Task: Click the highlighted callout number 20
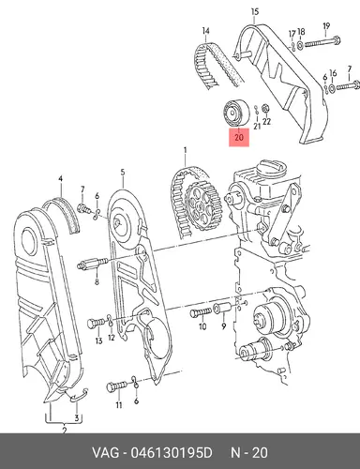(x=239, y=137)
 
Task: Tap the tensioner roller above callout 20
(x=236, y=113)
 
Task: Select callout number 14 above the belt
(x=205, y=31)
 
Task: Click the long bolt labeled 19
(x=322, y=41)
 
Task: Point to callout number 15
(x=255, y=12)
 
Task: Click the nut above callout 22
(x=265, y=108)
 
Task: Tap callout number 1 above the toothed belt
(x=185, y=150)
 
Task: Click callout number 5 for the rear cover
(x=123, y=172)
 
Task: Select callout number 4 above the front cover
(x=60, y=179)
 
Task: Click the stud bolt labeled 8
(x=92, y=265)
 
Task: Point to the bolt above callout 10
(x=201, y=312)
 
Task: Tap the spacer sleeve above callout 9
(x=222, y=309)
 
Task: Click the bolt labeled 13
(x=97, y=323)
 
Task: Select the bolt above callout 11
(x=117, y=386)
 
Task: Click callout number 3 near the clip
(x=77, y=417)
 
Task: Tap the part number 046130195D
(x=172, y=453)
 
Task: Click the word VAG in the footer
(x=105, y=453)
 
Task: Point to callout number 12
(x=112, y=338)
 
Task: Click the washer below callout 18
(x=299, y=45)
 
